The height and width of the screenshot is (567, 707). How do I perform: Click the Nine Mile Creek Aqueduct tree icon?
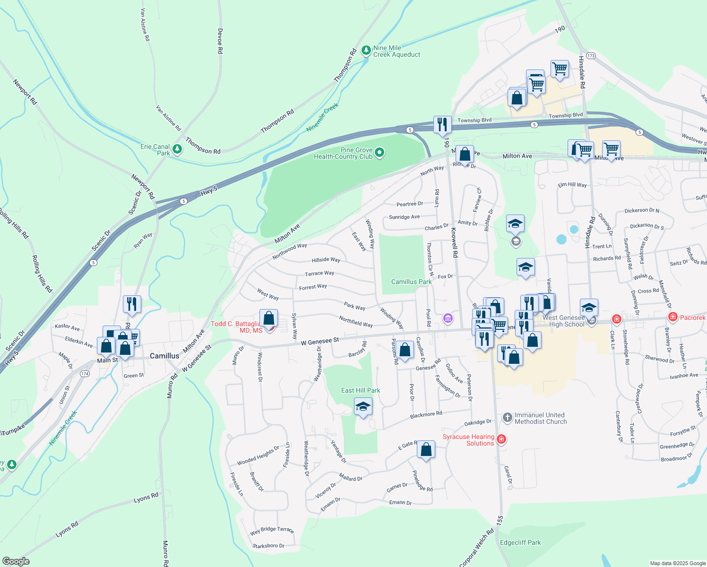(366, 50)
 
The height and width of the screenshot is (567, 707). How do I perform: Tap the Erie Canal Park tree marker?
(177, 149)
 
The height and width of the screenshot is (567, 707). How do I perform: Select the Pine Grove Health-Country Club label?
(344, 153)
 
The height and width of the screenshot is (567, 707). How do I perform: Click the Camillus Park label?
(411, 282)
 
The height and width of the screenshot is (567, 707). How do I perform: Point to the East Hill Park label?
(361, 390)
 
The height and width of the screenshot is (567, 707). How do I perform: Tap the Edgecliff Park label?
(520, 542)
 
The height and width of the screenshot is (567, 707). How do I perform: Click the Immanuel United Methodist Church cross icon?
(507, 417)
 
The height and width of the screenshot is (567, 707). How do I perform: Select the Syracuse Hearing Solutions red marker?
(501, 439)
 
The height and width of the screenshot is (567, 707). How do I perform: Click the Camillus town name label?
(164, 356)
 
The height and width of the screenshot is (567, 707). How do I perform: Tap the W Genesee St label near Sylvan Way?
(320, 341)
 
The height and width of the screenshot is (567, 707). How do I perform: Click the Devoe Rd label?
(220, 41)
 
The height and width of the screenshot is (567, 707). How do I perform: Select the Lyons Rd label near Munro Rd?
(146, 498)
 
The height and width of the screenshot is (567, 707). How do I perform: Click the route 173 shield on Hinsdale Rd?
(591, 56)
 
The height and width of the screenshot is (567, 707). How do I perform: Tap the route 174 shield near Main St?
(85, 374)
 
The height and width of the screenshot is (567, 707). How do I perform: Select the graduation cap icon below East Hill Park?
(363, 406)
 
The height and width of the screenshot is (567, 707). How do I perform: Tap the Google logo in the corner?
(16, 561)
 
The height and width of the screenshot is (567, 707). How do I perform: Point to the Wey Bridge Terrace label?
(272, 531)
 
